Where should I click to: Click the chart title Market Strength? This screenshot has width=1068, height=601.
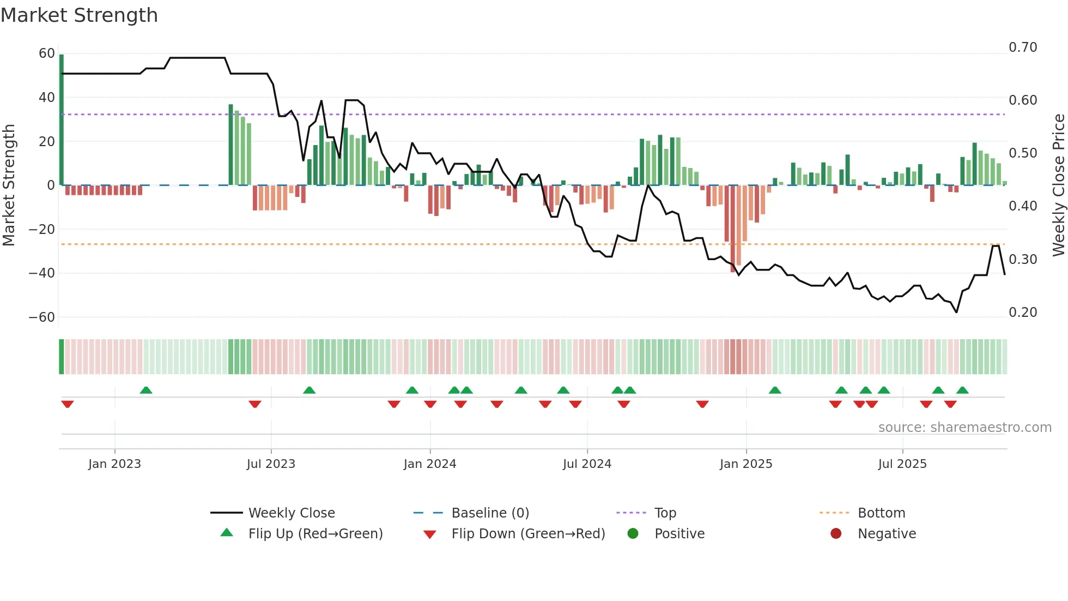(79, 15)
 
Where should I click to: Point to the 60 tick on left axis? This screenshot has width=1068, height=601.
(47, 53)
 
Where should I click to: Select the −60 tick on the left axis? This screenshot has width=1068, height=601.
(42, 317)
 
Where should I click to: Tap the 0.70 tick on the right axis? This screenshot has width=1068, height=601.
(1023, 47)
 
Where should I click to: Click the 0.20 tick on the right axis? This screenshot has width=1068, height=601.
(1023, 312)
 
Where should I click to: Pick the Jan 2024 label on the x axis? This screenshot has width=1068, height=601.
(429, 464)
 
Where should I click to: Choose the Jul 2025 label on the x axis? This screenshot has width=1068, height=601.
(902, 464)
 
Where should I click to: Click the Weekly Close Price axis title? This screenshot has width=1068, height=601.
(1058, 185)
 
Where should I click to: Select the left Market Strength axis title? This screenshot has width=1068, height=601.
(9, 185)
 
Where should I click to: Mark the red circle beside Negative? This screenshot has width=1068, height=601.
(835, 533)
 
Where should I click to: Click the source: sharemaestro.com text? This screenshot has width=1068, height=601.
(964, 428)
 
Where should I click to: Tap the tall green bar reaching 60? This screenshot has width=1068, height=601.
(62, 120)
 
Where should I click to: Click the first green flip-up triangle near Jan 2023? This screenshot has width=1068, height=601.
(145, 390)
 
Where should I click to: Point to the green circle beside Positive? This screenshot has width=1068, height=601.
(633, 533)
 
